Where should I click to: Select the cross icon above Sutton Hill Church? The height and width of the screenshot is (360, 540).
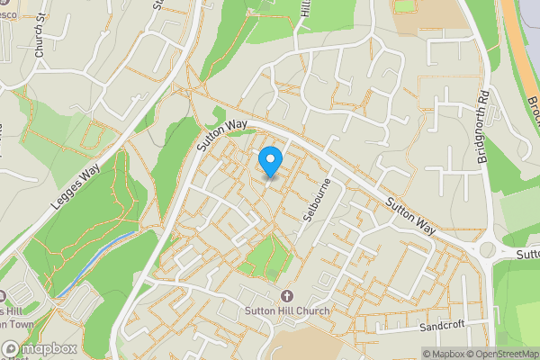(x=287, y=296)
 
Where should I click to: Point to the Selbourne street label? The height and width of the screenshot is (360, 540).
(x=315, y=201)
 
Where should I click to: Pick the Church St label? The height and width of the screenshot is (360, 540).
(x=40, y=40)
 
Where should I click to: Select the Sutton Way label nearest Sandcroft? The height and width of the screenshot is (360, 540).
(x=411, y=217)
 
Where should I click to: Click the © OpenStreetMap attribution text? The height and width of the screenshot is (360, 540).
(x=500, y=354)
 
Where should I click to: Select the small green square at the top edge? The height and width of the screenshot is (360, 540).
(x=405, y=6)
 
